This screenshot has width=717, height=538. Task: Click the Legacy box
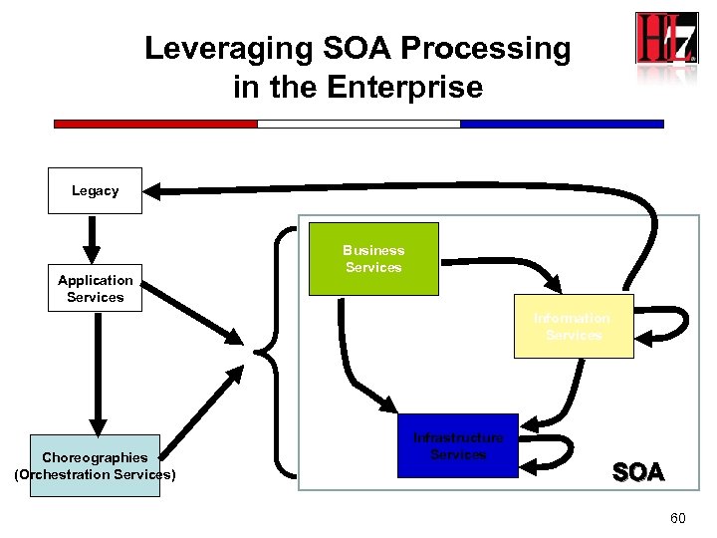pos(95,190)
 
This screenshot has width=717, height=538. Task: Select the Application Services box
pos(95,289)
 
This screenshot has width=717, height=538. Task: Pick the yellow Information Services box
pos(573,327)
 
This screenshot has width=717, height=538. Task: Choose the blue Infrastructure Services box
pos(458,446)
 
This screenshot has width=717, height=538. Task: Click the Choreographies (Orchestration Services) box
pos(95,465)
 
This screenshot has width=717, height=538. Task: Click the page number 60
pos(678,519)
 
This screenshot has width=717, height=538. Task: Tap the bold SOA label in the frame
pos(638,472)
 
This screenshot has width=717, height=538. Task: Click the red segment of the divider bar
pos(155,124)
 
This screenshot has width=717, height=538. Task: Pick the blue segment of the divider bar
pos(562,124)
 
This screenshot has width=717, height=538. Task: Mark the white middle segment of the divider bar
pos(358,124)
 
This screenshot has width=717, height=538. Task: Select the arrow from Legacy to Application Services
pos(92,237)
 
